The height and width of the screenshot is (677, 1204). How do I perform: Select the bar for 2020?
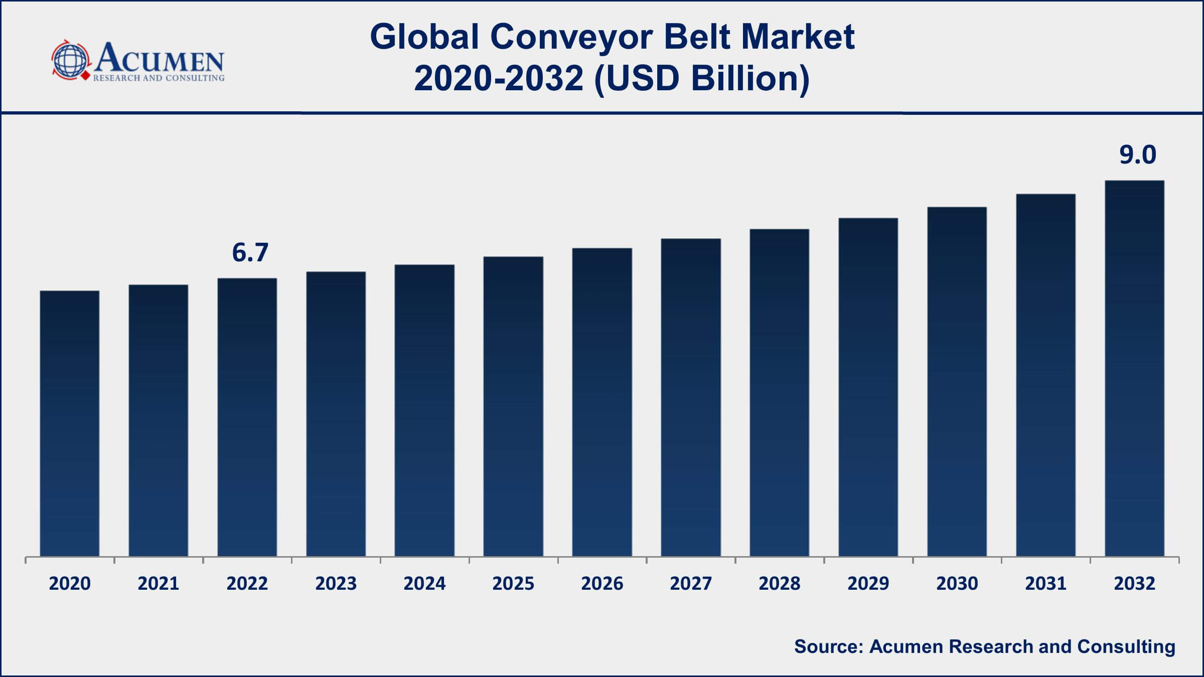[x=70, y=423]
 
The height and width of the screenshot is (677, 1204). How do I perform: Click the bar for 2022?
[x=247, y=417]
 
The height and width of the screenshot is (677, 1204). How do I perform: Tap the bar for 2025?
[x=513, y=406]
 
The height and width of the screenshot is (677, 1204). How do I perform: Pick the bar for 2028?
[x=779, y=392]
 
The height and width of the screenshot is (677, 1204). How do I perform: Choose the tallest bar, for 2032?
[x=1134, y=368]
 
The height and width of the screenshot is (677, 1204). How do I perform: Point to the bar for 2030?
[x=957, y=381]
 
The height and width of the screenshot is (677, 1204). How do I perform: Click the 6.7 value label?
[x=250, y=252]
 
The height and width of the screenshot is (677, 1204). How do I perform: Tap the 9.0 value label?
[x=1138, y=154]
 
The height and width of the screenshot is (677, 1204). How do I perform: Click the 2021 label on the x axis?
[x=159, y=583]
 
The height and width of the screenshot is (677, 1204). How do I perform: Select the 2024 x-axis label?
[x=424, y=583]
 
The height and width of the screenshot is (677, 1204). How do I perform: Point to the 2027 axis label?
[x=691, y=583]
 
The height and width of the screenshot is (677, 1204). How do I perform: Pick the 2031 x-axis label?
[x=1045, y=583]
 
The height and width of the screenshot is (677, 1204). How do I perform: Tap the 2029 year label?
[x=868, y=583]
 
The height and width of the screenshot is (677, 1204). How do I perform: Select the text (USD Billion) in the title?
[x=701, y=79]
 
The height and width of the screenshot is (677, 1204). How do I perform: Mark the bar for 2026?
[x=602, y=402]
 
